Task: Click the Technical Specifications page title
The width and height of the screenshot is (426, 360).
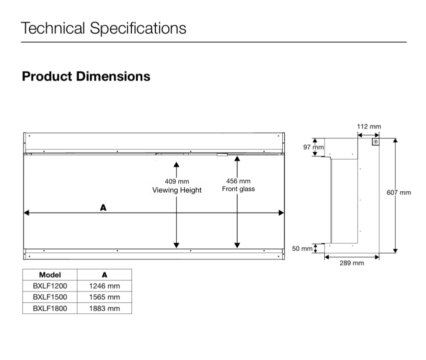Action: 103,28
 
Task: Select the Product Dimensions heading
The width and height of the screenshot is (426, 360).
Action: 86,76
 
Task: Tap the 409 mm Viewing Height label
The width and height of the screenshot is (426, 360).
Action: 177,186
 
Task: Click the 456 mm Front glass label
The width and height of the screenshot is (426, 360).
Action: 238,185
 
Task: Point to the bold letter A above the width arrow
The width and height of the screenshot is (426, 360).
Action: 103,207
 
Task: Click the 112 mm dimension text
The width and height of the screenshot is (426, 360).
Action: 369,126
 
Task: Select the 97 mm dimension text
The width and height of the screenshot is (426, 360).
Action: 314,147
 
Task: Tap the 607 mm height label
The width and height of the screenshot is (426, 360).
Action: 399,192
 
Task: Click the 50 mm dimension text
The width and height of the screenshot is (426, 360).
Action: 302,248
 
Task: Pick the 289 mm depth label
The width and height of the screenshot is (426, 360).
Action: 352,263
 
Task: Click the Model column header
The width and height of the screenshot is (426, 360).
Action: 50,275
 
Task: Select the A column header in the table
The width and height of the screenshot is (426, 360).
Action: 104,275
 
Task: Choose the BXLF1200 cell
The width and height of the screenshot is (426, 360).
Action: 50,286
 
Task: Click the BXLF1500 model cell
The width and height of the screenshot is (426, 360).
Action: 50,297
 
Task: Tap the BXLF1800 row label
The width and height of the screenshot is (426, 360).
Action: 50,308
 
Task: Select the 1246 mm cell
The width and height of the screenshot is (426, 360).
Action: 104,286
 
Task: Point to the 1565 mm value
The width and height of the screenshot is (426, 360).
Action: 104,297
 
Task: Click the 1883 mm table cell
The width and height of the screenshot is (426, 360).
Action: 104,308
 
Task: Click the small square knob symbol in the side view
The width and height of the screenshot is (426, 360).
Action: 376,142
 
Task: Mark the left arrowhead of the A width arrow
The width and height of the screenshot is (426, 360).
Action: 26,212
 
